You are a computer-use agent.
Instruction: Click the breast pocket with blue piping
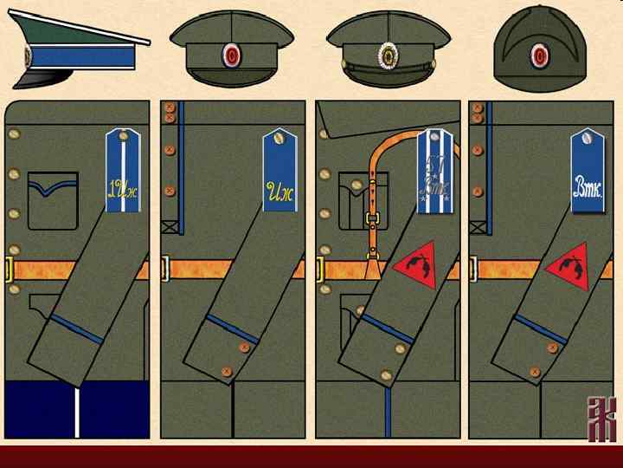coord(52,199)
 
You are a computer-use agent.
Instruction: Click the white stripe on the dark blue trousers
coord(78,407)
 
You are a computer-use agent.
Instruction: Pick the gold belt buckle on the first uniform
coord(9,270)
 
